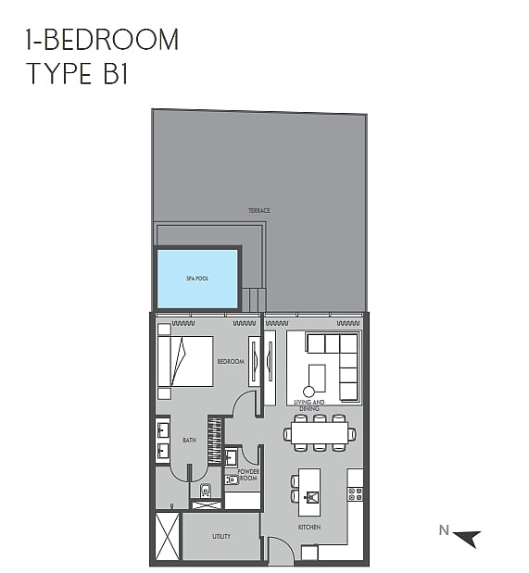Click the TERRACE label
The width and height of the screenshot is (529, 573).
coord(259,210)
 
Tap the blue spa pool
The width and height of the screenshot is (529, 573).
coord(197,279)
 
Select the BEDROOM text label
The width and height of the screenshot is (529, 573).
coord(231,361)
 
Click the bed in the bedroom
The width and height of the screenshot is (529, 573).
coord(185,361)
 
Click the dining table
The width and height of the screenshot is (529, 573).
coord(320,433)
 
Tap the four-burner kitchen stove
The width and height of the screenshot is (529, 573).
coord(355,494)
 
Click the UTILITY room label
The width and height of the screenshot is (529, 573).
coord(221,536)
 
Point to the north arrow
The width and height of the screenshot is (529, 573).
coord(468,538)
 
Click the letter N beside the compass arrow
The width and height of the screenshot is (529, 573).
coord(444,529)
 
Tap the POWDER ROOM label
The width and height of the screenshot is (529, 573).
coord(248,475)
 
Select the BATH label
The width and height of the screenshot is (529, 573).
coord(189,441)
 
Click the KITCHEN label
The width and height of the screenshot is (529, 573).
coord(309,527)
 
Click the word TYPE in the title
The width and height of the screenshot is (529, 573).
coord(59,73)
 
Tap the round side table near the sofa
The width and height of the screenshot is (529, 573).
coord(309,392)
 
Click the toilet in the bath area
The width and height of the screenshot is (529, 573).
coord(206,491)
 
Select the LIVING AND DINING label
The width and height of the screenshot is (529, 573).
coord(309,405)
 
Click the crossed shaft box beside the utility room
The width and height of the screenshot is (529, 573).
coord(167,536)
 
